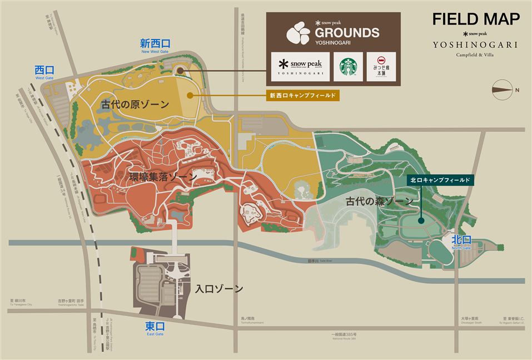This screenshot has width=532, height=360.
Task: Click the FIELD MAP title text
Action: click(x=476, y=18)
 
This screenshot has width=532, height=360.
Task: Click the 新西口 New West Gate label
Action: click(x=155, y=45)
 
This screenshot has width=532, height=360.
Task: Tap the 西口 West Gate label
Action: click(x=44, y=72)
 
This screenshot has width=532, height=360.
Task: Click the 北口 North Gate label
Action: click(x=461, y=241)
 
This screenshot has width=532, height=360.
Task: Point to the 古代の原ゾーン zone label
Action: click(x=135, y=104)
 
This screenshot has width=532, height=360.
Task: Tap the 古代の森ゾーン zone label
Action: click(x=379, y=201)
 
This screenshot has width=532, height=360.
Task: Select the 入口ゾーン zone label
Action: click(x=219, y=289)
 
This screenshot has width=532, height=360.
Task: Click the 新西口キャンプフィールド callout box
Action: click(x=303, y=95)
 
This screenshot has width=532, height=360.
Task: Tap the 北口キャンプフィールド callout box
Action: click(x=439, y=180)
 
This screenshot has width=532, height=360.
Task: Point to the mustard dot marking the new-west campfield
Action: click(x=190, y=95)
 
